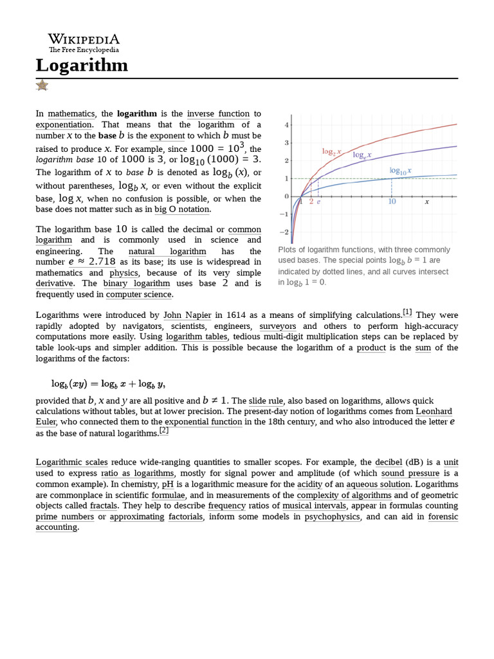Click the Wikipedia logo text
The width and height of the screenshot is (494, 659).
pos(84,39)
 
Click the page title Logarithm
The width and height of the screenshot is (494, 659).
pos(82,66)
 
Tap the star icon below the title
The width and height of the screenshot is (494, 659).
pos(42,85)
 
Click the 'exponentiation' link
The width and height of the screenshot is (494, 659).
pos(64,124)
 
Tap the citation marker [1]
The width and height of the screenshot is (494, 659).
pos(407,313)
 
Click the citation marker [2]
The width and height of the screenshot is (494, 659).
pos(164,431)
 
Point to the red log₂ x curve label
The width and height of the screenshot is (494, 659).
pos(331,152)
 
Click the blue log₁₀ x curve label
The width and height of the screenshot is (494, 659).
pos(400,171)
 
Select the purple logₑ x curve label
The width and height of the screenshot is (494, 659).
pos(361,156)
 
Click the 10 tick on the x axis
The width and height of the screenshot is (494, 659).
pos(392,201)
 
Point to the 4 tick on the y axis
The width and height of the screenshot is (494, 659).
pos(286,124)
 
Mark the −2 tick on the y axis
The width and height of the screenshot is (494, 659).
pos(285,232)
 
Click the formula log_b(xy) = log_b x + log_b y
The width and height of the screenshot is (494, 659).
pos(108,384)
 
